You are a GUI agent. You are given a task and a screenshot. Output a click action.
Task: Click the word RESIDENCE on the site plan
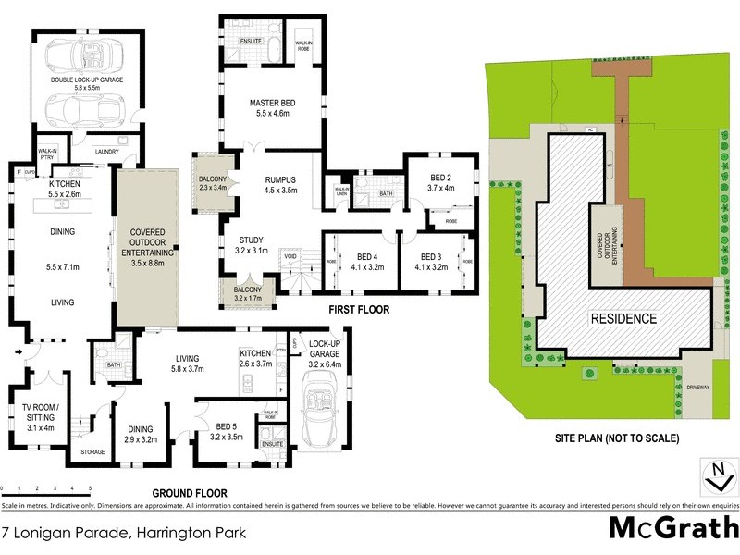624,319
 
